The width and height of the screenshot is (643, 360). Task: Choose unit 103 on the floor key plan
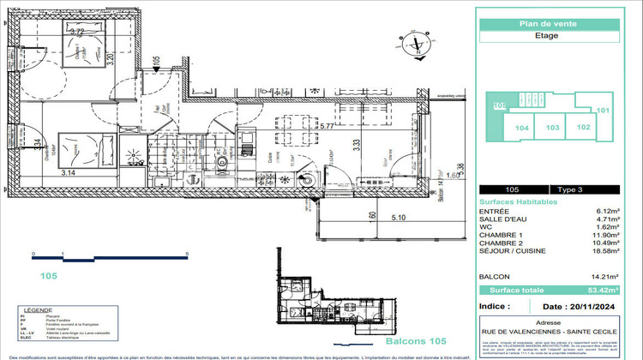[x=552, y=127]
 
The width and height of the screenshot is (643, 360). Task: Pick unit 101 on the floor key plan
[x=603, y=111]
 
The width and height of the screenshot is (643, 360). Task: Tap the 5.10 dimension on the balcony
[x=399, y=218]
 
